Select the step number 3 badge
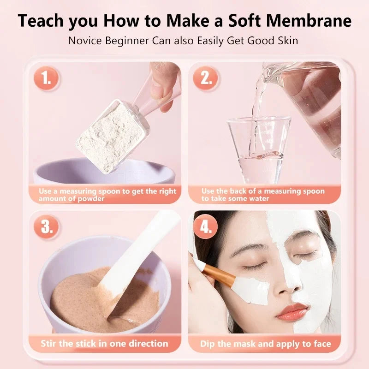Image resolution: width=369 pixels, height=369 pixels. tap(46, 227)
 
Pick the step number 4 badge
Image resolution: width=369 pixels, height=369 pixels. tap(204, 227)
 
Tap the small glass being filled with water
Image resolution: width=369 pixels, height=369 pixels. tap(259, 148)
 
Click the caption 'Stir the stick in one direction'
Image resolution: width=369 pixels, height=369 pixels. tap(104, 344)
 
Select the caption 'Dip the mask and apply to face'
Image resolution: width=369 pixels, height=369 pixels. tap(265, 344)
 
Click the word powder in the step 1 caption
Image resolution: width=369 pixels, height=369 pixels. tap(90, 199)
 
